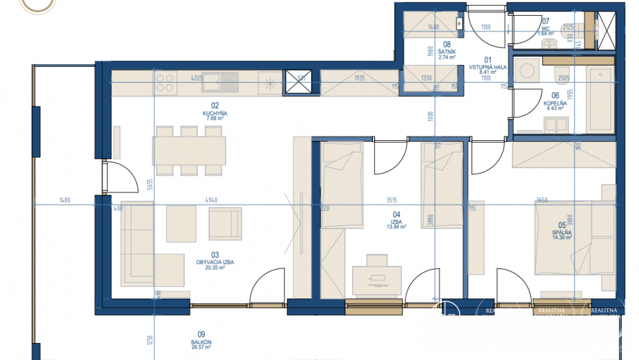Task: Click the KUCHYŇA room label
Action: tap(215, 114)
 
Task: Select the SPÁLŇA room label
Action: tap(561, 232)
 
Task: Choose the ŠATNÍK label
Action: tap(447, 51)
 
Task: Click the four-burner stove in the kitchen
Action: tap(166, 82)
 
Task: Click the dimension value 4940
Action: tap(212, 200)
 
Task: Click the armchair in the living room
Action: tap(226, 224)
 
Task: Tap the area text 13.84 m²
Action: tap(397, 226)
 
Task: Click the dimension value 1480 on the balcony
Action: tap(64, 200)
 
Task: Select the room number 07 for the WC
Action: tap(545, 21)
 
